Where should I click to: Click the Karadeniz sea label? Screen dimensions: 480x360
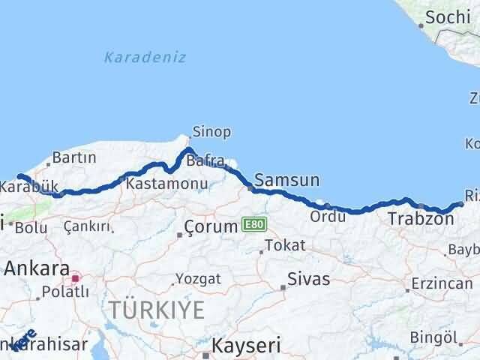point(145,57)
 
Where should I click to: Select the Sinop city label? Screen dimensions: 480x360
point(211,132)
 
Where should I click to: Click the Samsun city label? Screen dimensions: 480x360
point(287,180)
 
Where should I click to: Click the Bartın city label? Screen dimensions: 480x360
point(75,157)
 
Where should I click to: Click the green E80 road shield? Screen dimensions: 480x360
point(252,224)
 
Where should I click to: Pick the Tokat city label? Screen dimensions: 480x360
point(288,245)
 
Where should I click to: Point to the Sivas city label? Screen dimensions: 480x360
point(310,279)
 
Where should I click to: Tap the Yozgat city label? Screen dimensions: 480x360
point(198,279)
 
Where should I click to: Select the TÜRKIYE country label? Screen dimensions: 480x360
point(156,309)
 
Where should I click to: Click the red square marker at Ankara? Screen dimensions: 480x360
point(75,278)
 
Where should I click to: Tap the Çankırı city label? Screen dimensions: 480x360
point(87,226)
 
